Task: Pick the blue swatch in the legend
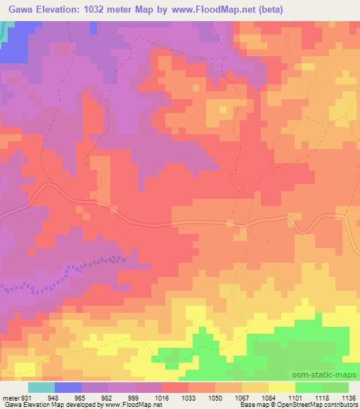[x=68, y=387]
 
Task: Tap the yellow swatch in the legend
[x=282, y=387]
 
